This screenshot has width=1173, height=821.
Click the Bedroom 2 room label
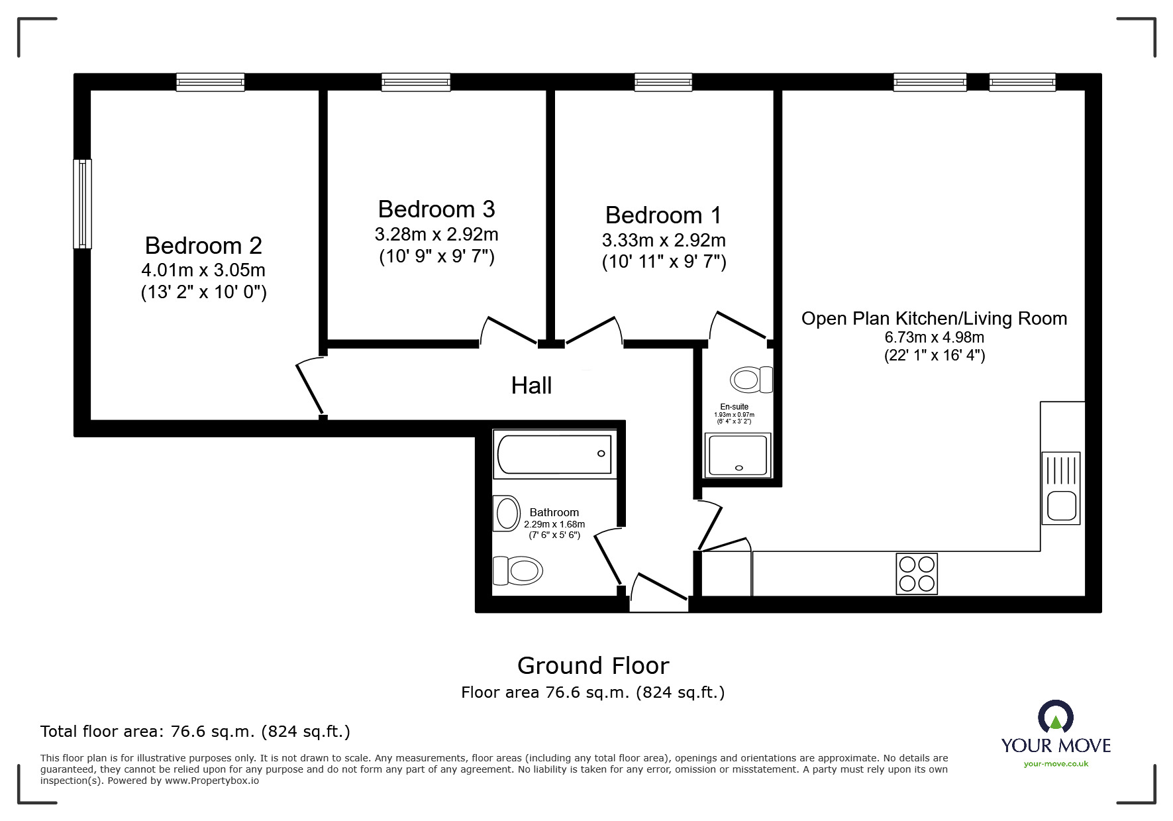[203, 246]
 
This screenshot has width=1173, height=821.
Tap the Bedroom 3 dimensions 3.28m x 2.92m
[436, 235]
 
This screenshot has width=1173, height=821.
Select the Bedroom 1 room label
[663, 215]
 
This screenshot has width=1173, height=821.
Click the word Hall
[531, 386]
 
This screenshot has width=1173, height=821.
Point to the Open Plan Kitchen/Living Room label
[934, 319]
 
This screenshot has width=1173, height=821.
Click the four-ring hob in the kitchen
[917, 574]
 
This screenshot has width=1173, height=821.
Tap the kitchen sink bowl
[1061, 506]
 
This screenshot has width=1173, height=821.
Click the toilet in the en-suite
[751, 380]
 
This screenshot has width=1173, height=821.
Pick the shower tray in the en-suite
[738, 455]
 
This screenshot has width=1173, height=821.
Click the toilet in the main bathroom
[517, 571]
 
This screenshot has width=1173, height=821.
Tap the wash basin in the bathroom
[507, 514]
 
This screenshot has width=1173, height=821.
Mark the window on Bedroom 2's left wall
[82, 204]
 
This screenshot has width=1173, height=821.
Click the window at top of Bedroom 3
[416, 82]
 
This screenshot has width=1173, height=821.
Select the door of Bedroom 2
[309, 388]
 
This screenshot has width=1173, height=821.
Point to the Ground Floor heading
[593, 665]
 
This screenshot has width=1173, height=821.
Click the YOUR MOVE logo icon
[1055, 718]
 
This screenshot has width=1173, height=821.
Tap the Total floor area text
[195, 732]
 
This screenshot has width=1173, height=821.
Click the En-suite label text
[734, 407]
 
